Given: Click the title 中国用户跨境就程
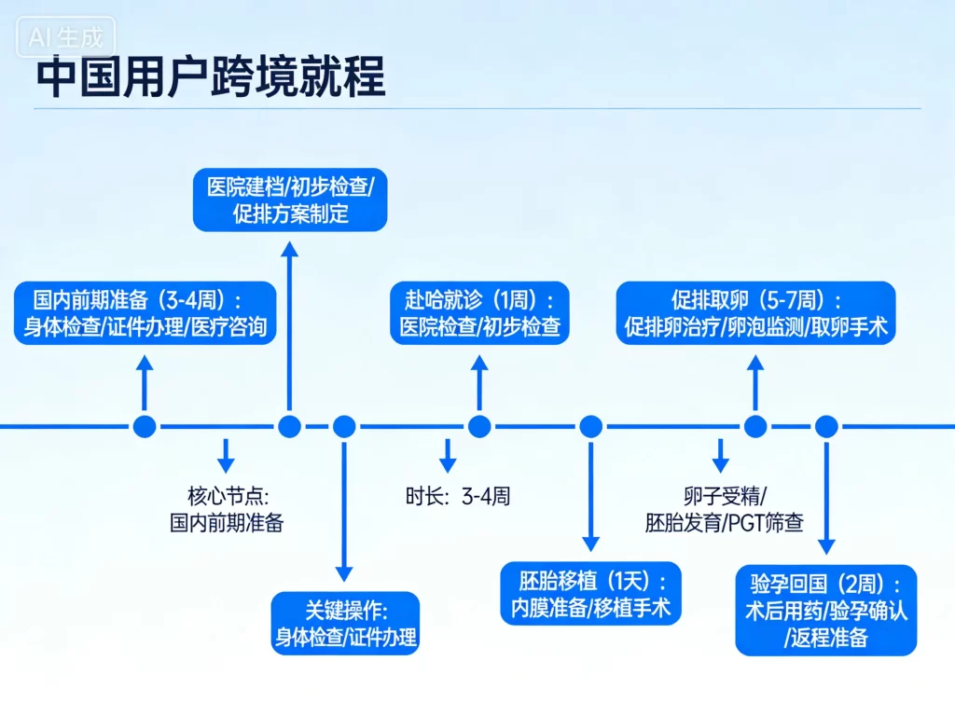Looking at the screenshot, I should point(210,78).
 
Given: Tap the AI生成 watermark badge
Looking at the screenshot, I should point(66,38).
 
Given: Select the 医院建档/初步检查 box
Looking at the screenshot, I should point(290,200).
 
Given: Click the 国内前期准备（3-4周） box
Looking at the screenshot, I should point(145,313).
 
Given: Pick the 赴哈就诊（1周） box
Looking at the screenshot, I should point(478,313).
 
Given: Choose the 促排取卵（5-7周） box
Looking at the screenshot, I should point(755,313).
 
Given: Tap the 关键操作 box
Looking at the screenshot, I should point(345,624).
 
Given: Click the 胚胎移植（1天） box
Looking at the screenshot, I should point(590,594).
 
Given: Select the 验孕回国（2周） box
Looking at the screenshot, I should point(825,610).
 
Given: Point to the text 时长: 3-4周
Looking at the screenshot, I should point(458,496).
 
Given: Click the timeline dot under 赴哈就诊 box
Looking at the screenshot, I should point(479,427).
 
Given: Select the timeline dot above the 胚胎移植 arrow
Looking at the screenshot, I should point(590,427).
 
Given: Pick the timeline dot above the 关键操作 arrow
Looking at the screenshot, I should point(345,427).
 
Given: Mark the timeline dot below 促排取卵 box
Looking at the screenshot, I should point(755,427).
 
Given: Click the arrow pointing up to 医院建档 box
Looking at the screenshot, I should point(290,326).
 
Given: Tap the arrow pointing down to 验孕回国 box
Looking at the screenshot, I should point(826,499).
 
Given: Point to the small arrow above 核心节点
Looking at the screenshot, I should point(226,455).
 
